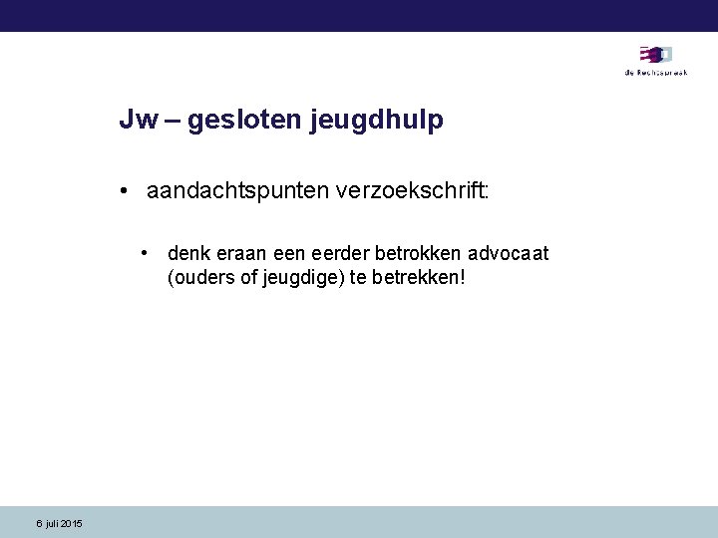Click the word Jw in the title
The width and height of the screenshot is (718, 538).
[x=138, y=121]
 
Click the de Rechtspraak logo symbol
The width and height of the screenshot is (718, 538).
[x=655, y=55]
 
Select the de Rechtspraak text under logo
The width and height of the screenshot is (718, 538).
[x=655, y=73]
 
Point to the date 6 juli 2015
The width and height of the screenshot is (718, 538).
[x=60, y=524]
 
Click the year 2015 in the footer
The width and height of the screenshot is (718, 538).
[x=72, y=524]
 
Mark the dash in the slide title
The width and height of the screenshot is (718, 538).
[x=172, y=122]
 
